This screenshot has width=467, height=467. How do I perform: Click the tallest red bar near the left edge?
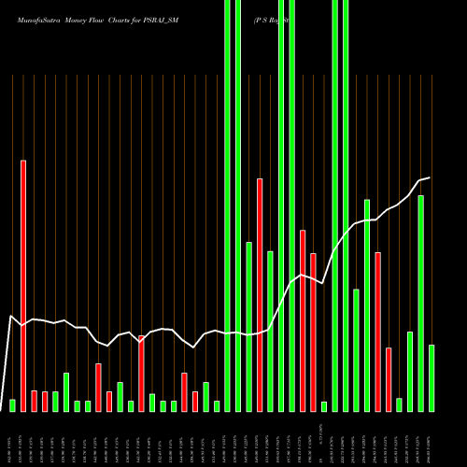[x=23, y=285]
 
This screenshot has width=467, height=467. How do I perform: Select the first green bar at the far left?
[x=12, y=404]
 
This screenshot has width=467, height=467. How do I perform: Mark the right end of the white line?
[x=430, y=177]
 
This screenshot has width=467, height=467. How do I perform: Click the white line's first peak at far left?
[x=12, y=316]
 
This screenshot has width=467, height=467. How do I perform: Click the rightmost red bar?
[x=389, y=378]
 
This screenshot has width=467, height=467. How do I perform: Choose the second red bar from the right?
[x=377, y=331]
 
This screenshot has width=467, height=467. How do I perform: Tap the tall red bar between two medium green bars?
[x=260, y=294]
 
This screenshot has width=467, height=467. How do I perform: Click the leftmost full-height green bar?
[x=227, y=205]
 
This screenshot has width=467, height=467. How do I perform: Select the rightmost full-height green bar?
[x=346, y=205]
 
